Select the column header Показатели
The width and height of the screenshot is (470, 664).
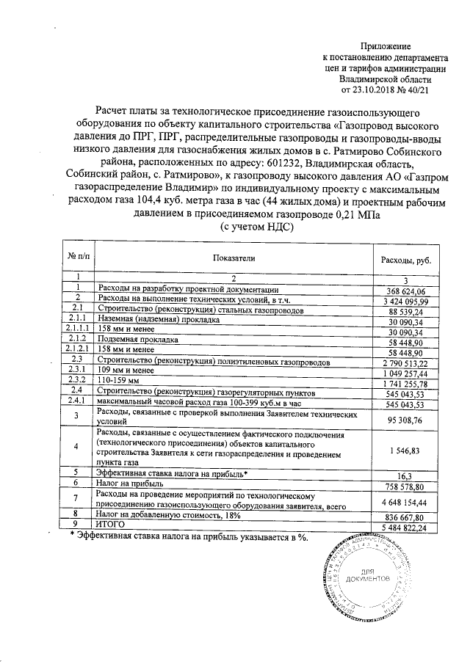pyautogui.click(x=234, y=259)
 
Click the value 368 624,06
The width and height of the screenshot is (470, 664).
pyautogui.click(x=405, y=291)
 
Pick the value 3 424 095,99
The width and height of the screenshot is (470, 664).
pyautogui.click(x=405, y=302)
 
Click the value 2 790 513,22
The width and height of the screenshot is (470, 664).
pyautogui.click(x=405, y=363)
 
